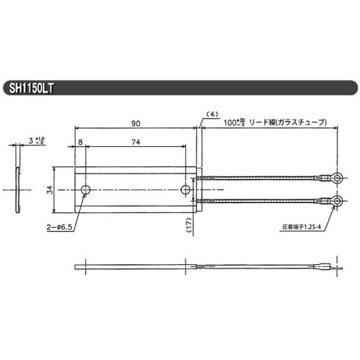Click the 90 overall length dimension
pyautogui.click(x=135, y=124)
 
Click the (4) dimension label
pyautogui.click(x=212, y=114)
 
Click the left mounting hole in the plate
pyautogui.click(x=86, y=190)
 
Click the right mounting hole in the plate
pyautogui.click(x=186, y=190)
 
